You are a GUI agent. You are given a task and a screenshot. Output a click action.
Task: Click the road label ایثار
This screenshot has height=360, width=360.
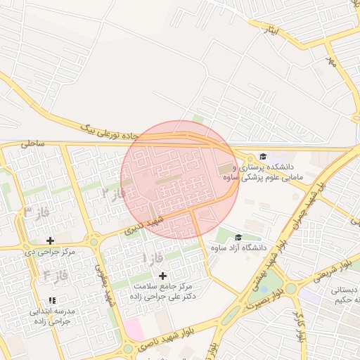(x=268, y=31)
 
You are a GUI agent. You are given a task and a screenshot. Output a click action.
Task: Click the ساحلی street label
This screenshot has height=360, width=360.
(x=32, y=143)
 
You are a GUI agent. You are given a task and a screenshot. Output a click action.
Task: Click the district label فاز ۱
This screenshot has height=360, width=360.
(x=154, y=258)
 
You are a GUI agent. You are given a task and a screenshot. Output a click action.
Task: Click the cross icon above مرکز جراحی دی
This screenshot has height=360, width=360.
(x=50, y=240)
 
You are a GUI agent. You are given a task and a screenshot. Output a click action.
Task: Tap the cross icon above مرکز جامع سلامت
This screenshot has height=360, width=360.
(x=163, y=276)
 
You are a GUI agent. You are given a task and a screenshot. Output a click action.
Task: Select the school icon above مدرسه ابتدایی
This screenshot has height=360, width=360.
(x=53, y=300)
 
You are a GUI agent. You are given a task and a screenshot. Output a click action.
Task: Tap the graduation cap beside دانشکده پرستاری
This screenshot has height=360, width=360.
(x=263, y=157)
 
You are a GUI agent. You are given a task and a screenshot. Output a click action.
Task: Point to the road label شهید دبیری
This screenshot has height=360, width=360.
(x=143, y=224)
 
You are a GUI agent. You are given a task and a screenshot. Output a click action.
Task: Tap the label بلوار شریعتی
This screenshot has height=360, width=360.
(x=333, y=266)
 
